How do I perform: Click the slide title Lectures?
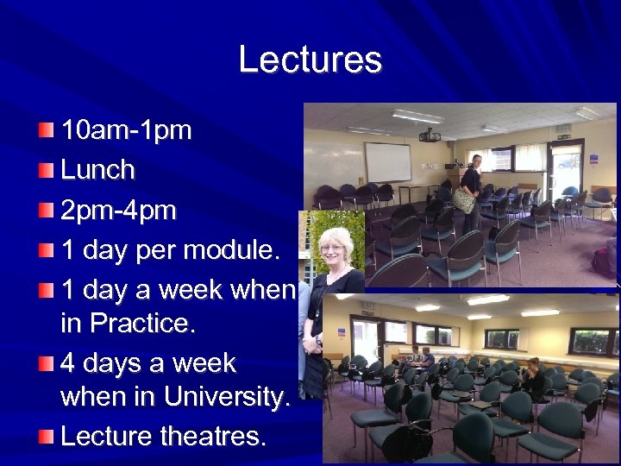coord(310,60)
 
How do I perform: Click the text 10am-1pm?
coord(126,131)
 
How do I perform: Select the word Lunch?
coord(97,170)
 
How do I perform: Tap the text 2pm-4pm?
coord(118,210)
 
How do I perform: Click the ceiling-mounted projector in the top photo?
coord(430,135)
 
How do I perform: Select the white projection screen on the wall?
coord(387,161)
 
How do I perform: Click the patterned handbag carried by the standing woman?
coord(464,201)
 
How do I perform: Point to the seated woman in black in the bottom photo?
coord(533,379)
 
